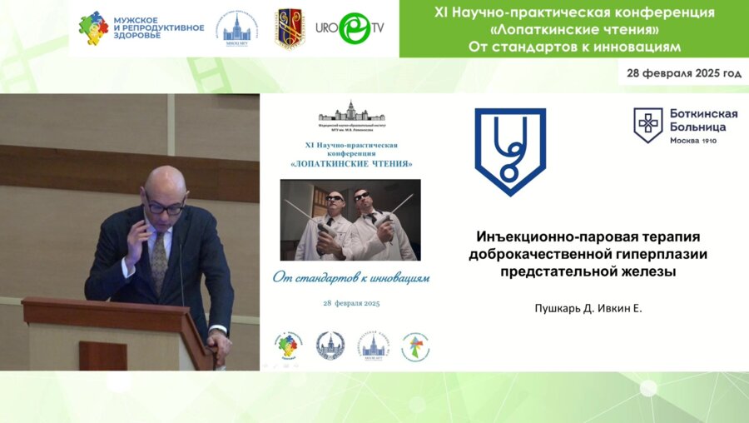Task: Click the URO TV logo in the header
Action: click(350, 28)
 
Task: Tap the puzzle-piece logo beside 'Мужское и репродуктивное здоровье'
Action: click(93, 28)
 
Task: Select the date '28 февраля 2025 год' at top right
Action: click(684, 73)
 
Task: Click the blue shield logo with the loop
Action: click(510, 151)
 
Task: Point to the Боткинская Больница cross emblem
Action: click(647, 125)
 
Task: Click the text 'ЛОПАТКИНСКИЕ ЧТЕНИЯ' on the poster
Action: click(351, 163)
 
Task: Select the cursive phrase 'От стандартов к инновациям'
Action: click(351, 276)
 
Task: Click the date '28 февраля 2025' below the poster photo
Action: click(351, 304)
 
